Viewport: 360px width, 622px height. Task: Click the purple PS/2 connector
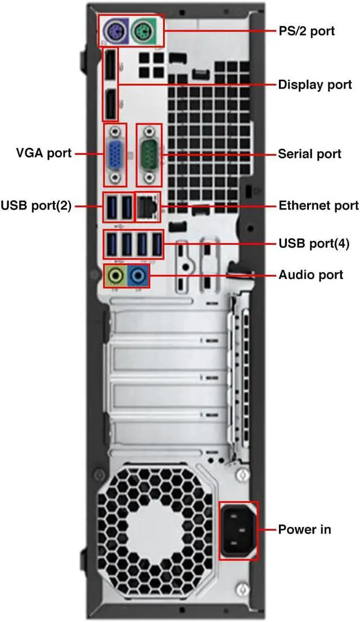115,31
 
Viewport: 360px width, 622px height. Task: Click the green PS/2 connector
143,31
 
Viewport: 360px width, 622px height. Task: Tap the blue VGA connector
116,155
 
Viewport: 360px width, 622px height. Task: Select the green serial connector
150,154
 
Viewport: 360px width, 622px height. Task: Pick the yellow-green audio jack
116,276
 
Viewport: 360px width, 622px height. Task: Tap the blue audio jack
138,276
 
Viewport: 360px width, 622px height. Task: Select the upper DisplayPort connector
111,67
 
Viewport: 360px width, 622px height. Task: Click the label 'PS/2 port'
307,30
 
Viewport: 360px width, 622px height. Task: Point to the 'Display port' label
315,84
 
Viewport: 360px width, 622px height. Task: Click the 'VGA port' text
44,153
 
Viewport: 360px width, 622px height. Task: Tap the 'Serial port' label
309,153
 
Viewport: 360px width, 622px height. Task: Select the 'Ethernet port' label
318,205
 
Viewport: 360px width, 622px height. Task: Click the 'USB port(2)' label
37,205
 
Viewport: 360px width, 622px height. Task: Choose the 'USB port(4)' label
314,243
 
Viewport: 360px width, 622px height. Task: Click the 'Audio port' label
310,275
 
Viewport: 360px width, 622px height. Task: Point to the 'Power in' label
304,529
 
